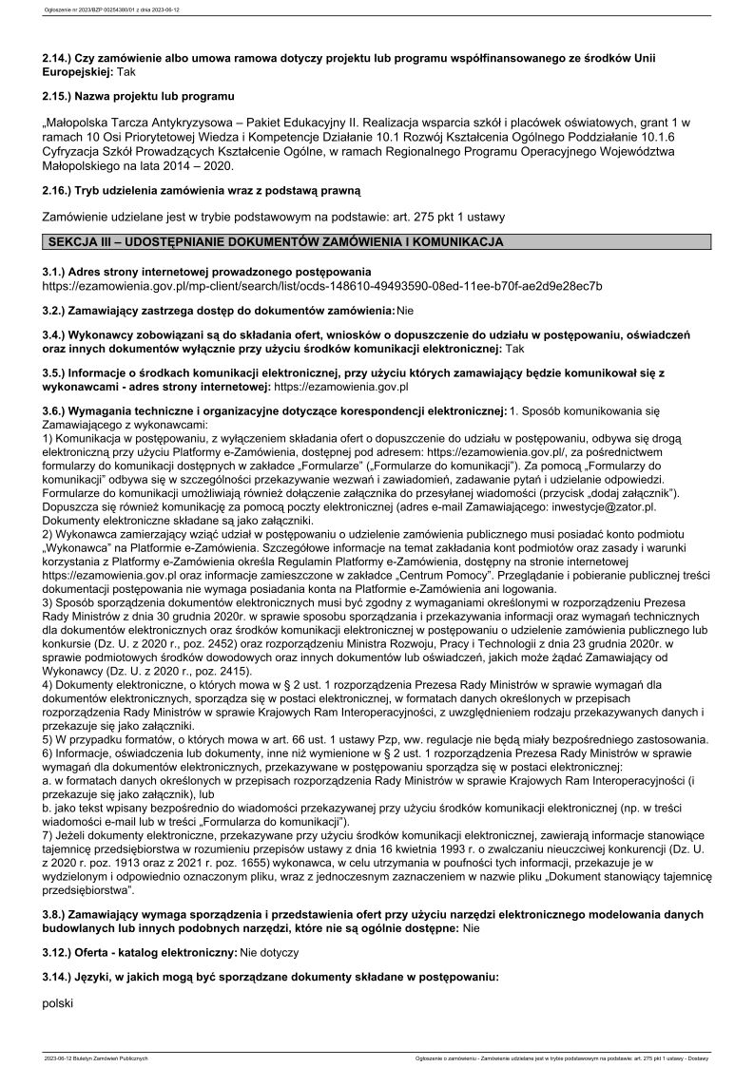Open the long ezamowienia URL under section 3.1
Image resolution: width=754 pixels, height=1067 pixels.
pos(322,285)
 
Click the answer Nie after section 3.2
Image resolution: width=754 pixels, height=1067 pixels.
pos(406,311)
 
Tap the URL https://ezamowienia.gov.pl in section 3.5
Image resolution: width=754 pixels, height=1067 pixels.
pos(340,387)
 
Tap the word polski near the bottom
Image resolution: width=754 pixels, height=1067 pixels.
pos(58,1002)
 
